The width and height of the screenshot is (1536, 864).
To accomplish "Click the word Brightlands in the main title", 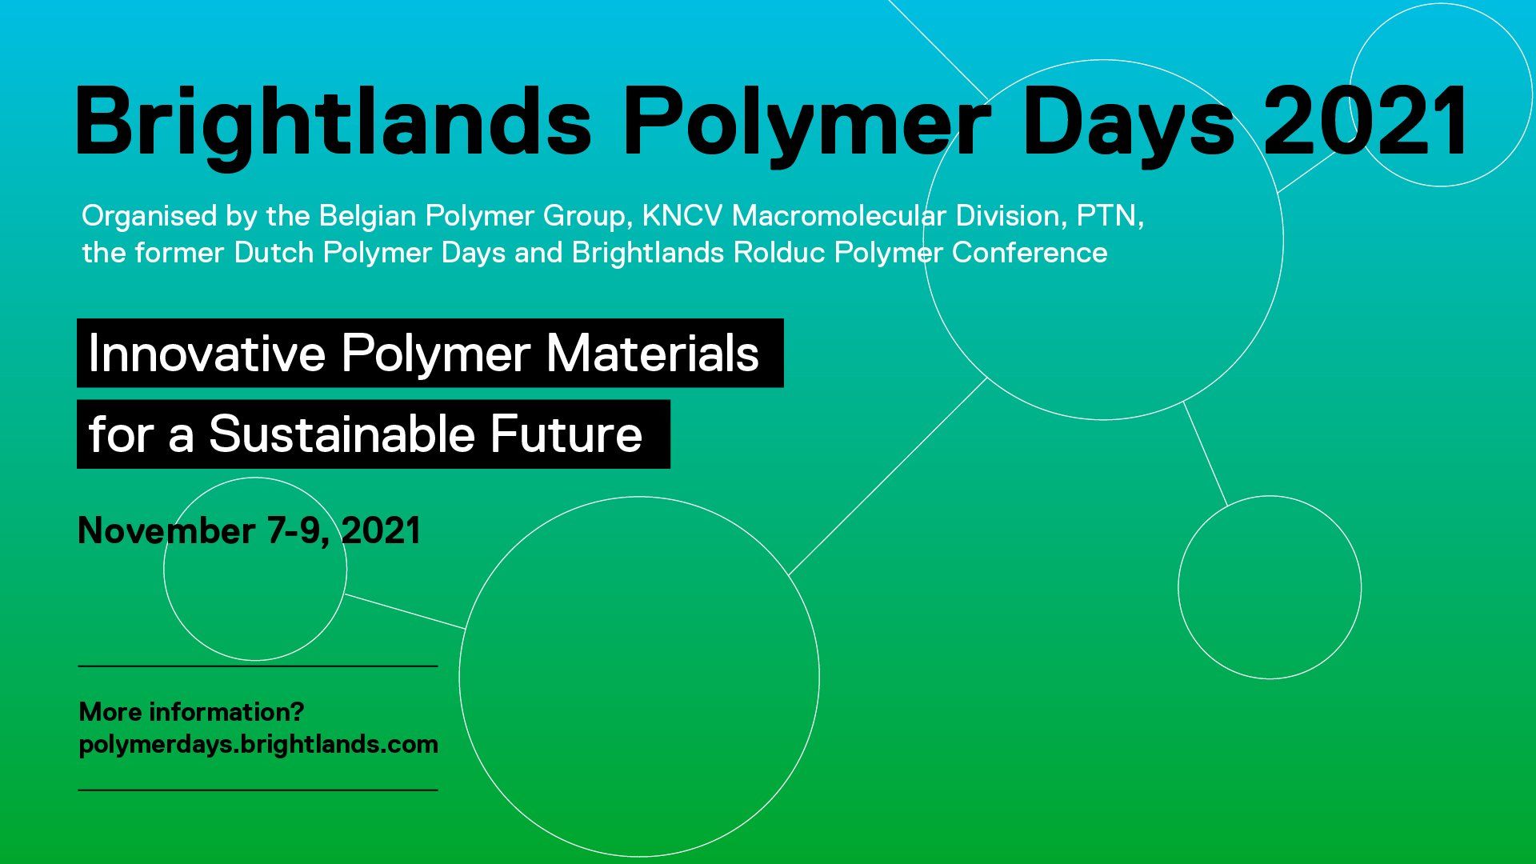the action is point(334,122).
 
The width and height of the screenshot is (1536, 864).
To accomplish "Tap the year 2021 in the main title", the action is point(1366,120).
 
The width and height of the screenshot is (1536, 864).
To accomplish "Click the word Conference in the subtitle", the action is point(1030,253).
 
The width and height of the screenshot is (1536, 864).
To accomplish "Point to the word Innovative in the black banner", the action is point(206,353).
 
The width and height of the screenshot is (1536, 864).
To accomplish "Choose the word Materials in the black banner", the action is point(652,353).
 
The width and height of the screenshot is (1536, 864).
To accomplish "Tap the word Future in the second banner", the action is point(566,434).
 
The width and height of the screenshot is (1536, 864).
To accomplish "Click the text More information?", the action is point(191,711).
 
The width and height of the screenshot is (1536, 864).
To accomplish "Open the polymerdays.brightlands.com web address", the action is point(258,745).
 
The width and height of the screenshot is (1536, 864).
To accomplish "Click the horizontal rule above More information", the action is point(258,666).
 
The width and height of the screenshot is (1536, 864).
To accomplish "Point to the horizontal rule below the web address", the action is point(258,790).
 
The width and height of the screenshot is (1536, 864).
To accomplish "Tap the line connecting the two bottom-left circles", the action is point(405,611).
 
